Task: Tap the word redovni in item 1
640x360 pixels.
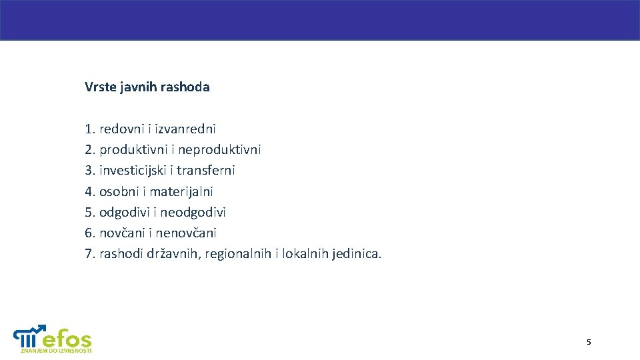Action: (121, 129)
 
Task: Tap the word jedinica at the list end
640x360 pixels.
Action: (355, 254)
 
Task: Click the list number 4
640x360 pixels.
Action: (90, 191)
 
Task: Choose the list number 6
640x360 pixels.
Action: (90, 233)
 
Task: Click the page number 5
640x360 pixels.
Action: (589, 342)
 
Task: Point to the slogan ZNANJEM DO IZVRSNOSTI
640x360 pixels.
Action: (56, 350)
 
